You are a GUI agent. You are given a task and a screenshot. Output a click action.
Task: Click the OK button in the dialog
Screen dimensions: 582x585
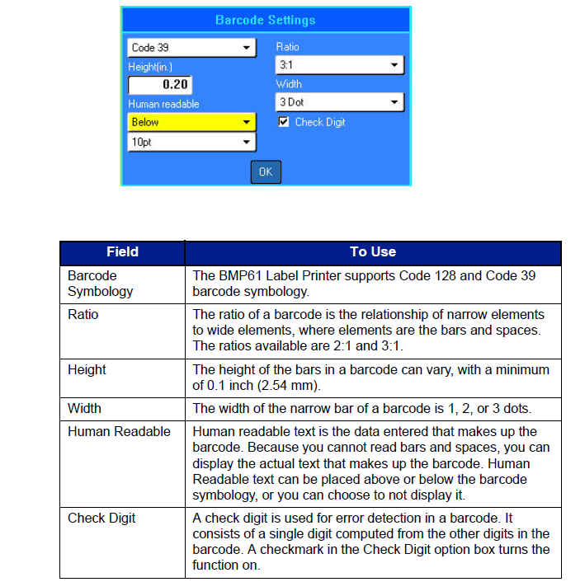click(x=266, y=171)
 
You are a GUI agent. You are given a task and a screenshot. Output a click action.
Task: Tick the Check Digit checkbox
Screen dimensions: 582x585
click(x=284, y=122)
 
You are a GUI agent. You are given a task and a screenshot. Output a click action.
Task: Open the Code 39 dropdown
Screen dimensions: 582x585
click(x=191, y=48)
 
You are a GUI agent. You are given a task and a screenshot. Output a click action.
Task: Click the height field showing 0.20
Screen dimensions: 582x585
click(x=159, y=85)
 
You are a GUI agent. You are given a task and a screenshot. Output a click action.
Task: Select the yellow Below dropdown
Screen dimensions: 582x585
click(x=191, y=122)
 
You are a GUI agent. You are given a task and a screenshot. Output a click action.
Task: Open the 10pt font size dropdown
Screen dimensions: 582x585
click(x=191, y=142)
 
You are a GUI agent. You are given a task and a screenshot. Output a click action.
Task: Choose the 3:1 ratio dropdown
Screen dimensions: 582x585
click(x=339, y=64)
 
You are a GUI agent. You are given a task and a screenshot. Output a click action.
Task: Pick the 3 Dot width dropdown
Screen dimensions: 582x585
click(x=339, y=102)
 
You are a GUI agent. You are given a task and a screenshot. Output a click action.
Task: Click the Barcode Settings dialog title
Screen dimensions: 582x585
click(x=265, y=20)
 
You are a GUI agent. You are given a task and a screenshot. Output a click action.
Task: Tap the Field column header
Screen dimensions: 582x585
click(x=122, y=252)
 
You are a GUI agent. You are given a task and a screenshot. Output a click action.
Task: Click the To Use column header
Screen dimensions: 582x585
click(x=373, y=252)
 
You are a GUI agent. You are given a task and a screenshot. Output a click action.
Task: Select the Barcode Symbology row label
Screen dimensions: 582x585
click(x=100, y=284)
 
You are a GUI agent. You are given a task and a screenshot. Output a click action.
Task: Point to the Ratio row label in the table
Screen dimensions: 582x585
click(x=83, y=314)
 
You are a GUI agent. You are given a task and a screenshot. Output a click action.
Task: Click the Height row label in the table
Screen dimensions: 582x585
click(x=86, y=370)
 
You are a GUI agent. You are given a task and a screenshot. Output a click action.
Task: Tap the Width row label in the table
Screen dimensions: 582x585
click(x=84, y=408)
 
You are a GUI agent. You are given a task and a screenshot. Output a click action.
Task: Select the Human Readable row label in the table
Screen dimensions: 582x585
click(x=119, y=431)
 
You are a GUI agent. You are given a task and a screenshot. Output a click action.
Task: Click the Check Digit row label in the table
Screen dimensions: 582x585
click(x=101, y=519)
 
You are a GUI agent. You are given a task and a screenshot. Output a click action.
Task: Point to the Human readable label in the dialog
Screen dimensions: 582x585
click(x=163, y=105)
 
